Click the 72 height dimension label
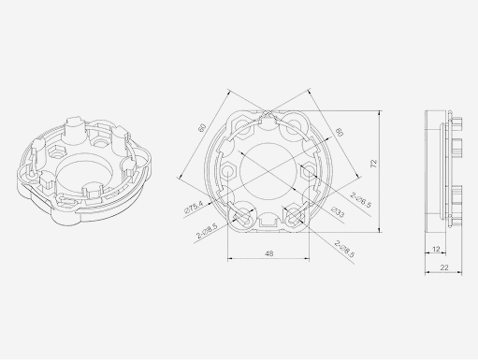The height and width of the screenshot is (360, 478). (373, 165)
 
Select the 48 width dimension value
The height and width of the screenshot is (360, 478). (269, 252)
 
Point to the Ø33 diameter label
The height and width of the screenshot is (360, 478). (338, 214)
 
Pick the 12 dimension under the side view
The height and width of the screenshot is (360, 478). (438, 249)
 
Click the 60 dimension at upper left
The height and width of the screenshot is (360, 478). (201, 128)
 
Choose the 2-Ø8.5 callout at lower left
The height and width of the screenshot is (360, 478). (207, 226)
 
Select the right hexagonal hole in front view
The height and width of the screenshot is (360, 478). (308, 170)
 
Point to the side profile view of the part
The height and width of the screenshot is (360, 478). (443, 172)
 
